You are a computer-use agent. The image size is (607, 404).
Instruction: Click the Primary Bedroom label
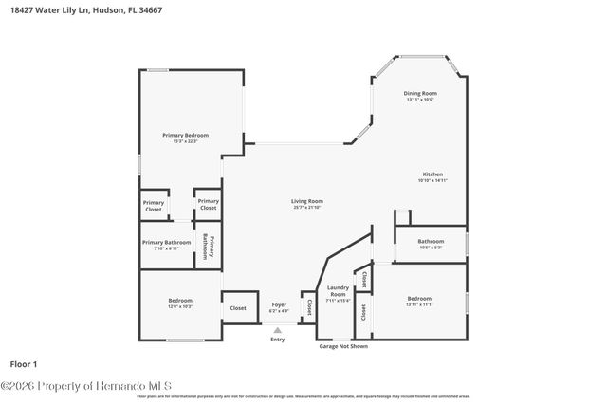click(185, 135)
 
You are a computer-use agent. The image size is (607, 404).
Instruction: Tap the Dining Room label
click(419, 93)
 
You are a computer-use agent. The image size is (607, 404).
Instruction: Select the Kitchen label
click(432, 174)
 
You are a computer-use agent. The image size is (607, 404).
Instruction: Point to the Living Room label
click(307, 201)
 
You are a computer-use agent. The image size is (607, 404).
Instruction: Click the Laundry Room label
click(339, 291)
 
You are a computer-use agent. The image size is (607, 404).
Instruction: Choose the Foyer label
click(279, 304)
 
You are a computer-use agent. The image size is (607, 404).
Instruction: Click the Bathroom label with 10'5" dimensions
click(431, 241)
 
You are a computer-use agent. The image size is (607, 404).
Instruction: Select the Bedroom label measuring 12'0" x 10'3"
click(180, 301)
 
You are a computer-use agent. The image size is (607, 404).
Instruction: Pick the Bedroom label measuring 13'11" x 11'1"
click(419, 298)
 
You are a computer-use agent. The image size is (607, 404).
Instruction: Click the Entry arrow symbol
click(278, 330)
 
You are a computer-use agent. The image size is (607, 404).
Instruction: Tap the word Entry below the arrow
click(278, 339)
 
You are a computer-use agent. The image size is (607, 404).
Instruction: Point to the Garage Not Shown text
click(342, 346)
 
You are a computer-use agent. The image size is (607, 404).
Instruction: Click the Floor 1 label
click(23, 363)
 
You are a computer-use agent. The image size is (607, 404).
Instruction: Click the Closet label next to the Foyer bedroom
click(238, 307)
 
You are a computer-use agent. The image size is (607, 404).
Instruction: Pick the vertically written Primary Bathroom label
click(209, 247)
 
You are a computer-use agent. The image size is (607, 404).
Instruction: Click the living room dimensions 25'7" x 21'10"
click(307, 208)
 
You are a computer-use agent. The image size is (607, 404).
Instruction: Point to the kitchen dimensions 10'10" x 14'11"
click(432, 181)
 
